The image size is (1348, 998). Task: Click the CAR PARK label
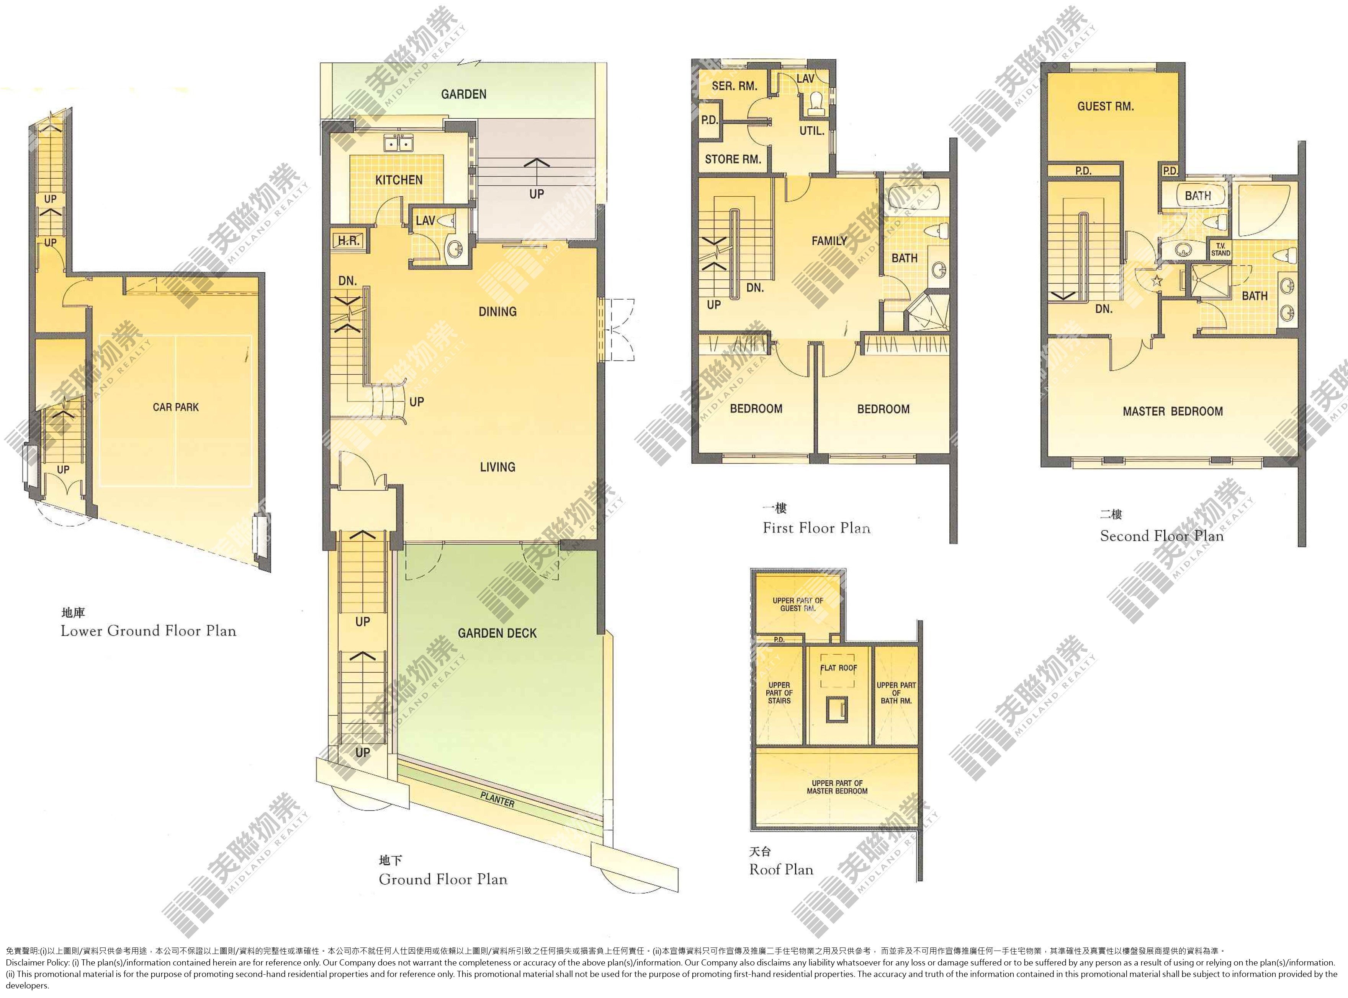(176, 407)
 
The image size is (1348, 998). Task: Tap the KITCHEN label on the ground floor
(399, 180)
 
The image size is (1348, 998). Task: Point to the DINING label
(497, 312)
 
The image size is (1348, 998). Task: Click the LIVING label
(497, 467)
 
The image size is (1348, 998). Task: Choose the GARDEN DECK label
(497, 633)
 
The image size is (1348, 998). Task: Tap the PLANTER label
(497, 800)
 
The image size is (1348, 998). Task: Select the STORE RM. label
(733, 160)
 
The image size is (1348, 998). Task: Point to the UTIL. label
(812, 130)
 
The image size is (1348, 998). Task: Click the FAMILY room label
(829, 240)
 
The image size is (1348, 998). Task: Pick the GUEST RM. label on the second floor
(1106, 106)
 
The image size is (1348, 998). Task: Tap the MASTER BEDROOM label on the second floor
(1173, 411)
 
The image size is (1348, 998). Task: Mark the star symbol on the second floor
(1157, 280)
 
